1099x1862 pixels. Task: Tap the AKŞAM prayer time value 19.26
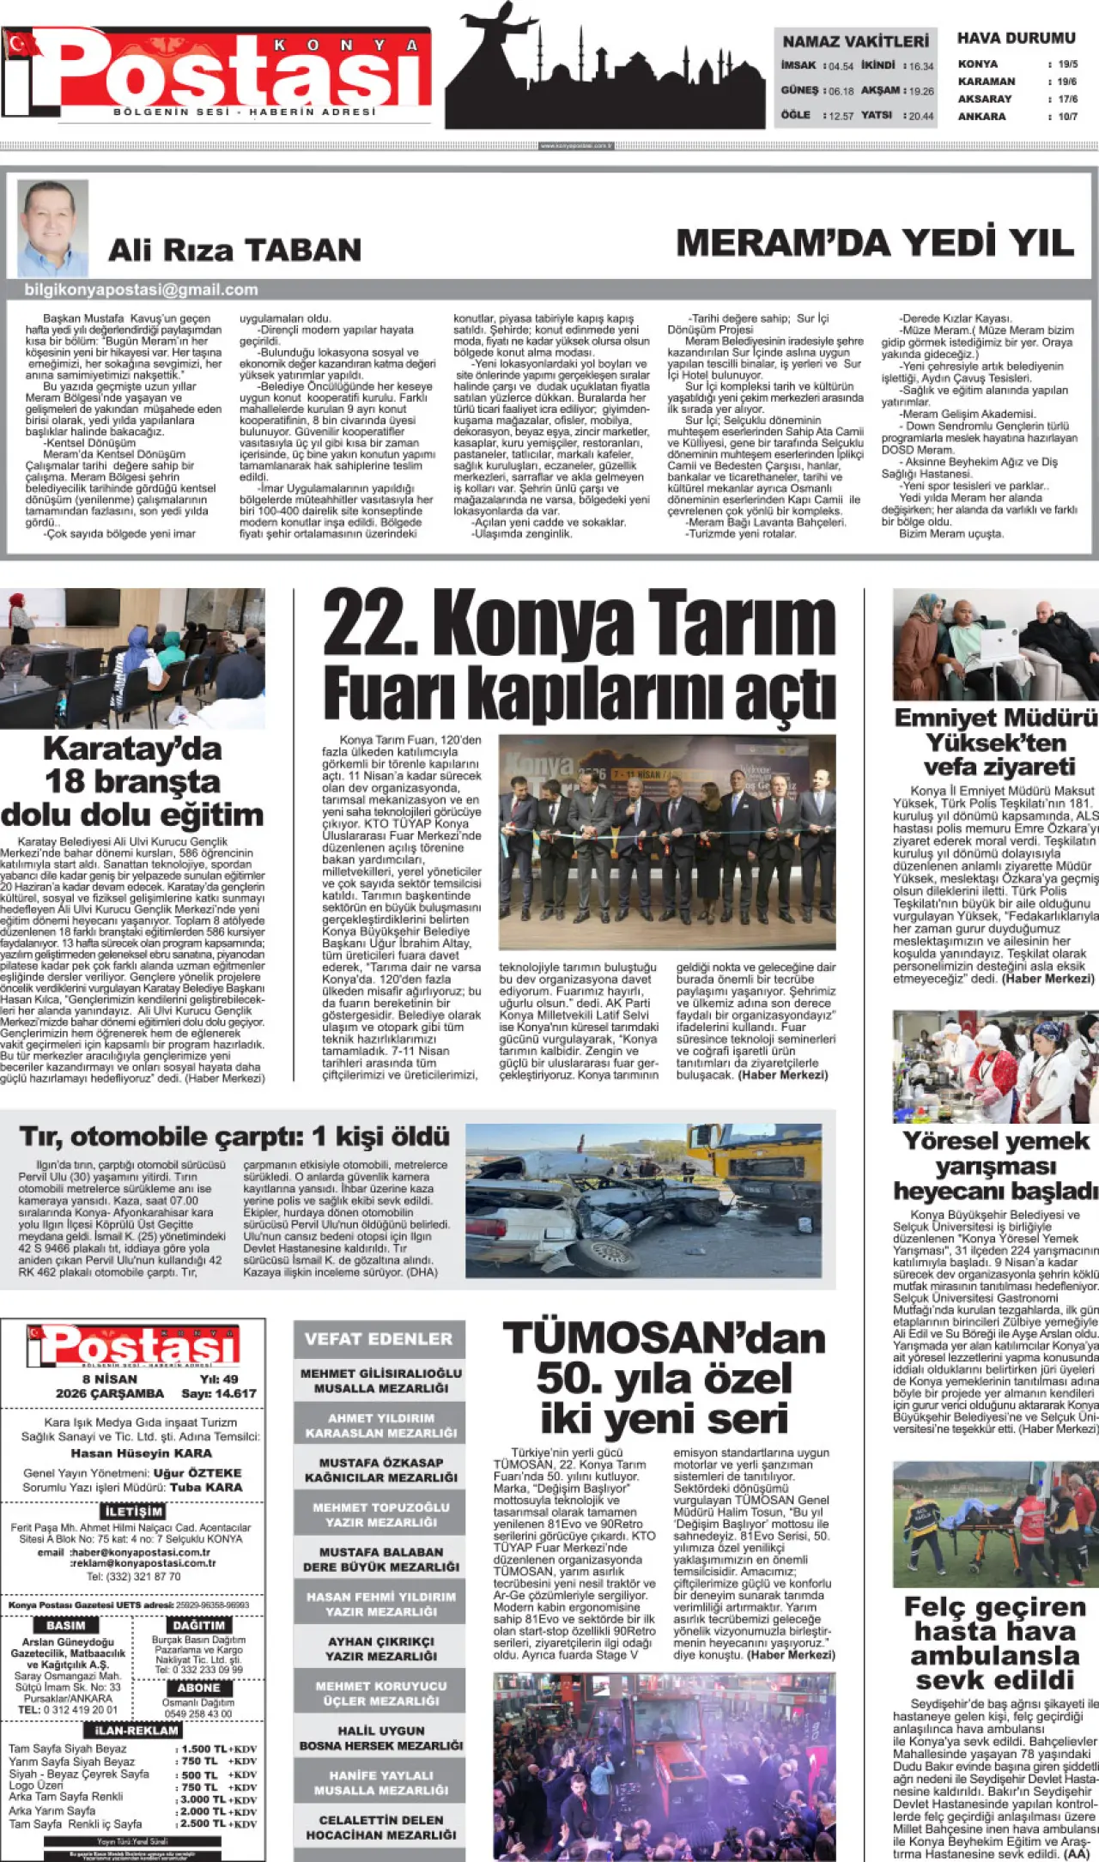click(x=921, y=91)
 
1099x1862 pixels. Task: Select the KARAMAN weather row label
click(x=987, y=82)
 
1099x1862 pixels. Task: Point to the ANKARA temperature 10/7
click(x=1067, y=117)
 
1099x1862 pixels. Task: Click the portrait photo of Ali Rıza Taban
click(x=52, y=227)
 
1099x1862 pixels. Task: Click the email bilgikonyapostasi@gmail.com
click(x=141, y=290)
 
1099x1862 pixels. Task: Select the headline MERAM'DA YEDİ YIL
click(x=875, y=243)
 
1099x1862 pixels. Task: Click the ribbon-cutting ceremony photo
click(x=666, y=841)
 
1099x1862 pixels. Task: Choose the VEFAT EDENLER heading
click(x=379, y=1339)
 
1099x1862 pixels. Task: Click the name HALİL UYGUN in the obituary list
click(x=380, y=1731)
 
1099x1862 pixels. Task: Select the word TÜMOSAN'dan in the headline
click(x=664, y=1340)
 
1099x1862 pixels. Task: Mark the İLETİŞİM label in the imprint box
click(x=134, y=1511)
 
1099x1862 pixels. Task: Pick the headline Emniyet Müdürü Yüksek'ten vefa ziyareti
click(x=995, y=742)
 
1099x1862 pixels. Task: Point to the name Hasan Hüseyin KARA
click(x=141, y=1453)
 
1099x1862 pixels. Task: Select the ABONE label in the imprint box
click(x=198, y=1688)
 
